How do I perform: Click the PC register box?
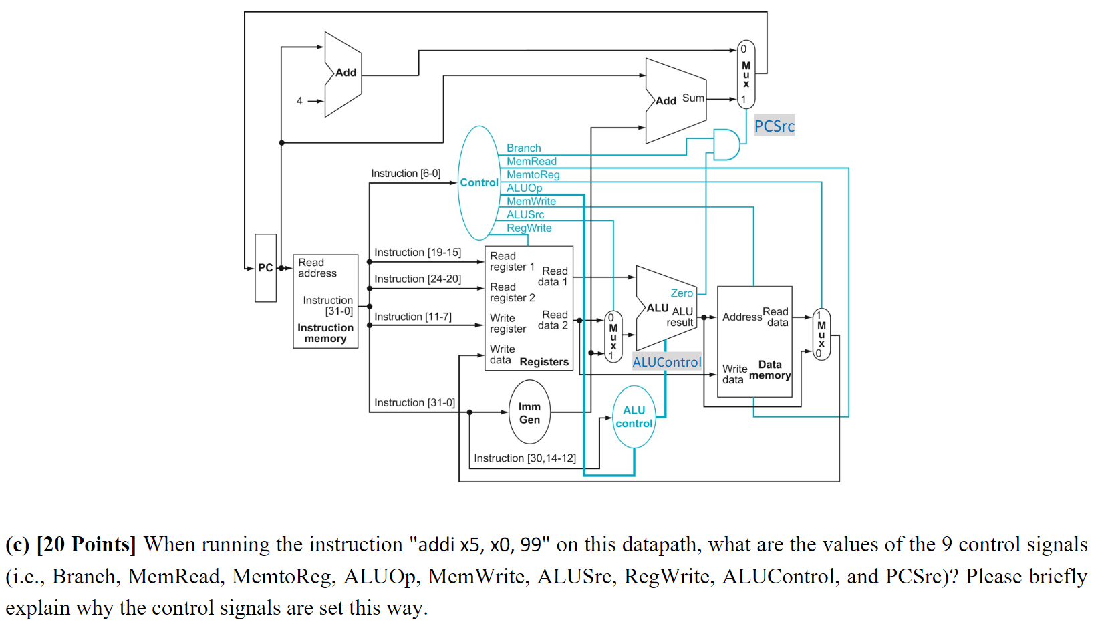[x=265, y=268]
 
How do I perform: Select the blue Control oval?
[x=478, y=182]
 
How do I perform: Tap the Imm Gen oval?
[x=529, y=413]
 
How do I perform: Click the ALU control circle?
[x=634, y=417]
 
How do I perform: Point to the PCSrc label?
[x=774, y=126]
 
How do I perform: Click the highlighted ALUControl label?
[x=666, y=362]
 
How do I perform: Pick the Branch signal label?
[x=523, y=148]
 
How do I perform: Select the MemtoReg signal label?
[x=533, y=174]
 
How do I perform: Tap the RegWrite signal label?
[x=529, y=228]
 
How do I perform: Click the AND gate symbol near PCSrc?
[x=726, y=145]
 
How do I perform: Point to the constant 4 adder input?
[x=299, y=101]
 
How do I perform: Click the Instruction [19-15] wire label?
[x=417, y=252]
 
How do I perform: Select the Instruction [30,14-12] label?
[x=525, y=458]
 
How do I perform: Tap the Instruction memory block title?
[x=325, y=333]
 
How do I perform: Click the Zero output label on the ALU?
[x=682, y=293]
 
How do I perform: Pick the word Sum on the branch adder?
[x=692, y=98]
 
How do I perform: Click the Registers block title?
[x=544, y=361]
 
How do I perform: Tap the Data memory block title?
[x=770, y=370]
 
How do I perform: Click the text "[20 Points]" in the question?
[x=86, y=544]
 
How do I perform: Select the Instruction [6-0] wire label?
[x=406, y=173]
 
